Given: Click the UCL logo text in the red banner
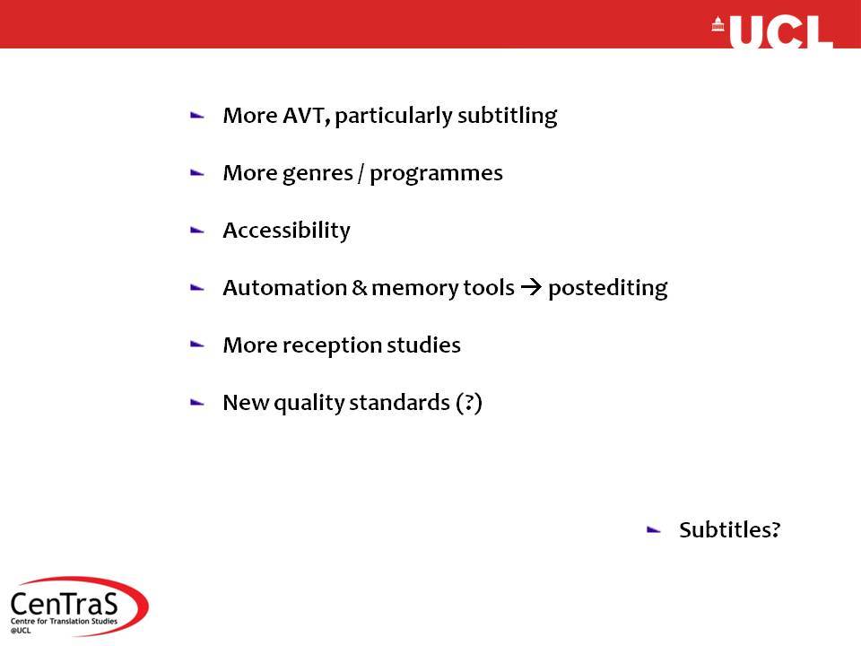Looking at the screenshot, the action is pos(781,32).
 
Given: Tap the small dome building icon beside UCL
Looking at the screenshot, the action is pos(717,24).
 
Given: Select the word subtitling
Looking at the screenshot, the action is pos(508,117).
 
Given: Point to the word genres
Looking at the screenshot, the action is pos(317,174).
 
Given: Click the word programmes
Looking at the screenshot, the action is pos(436,174).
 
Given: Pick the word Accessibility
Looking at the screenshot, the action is pos(287,231).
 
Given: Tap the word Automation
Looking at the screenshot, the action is pos(285,287).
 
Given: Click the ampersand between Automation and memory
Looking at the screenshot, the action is pos(360,287).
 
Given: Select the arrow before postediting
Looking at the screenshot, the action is pos(531,287).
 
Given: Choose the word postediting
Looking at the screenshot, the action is pos(608,288).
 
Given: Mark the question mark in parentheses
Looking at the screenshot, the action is pos(469,403).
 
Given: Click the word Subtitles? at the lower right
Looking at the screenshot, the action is pos(730,529).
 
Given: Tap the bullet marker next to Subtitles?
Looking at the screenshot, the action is pos(654,530).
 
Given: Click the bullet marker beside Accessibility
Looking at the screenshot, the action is pos(197,231).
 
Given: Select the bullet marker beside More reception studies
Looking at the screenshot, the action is pos(197,345).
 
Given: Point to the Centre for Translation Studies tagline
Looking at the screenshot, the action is pos(64,621).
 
